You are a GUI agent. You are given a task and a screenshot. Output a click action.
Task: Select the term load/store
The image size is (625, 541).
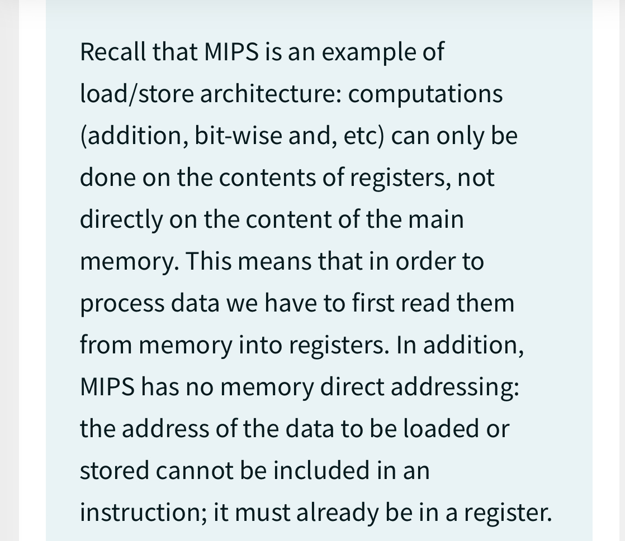(136, 94)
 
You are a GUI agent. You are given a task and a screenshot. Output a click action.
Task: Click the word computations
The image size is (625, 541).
(425, 94)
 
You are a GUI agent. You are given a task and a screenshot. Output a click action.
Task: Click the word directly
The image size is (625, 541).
(120, 220)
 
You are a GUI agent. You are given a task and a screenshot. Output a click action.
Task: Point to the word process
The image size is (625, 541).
(121, 304)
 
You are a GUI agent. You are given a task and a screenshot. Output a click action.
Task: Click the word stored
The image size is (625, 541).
(114, 471)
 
